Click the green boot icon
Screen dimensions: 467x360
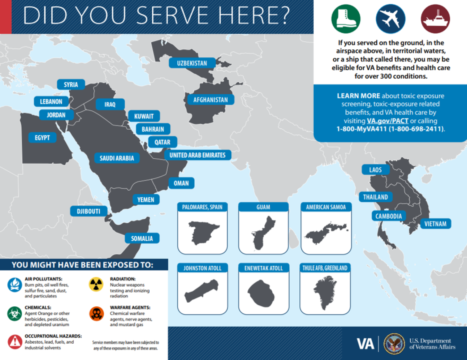tap(346, 19)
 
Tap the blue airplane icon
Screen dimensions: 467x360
tap(391, 19)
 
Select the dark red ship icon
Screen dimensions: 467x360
tap(435, 19)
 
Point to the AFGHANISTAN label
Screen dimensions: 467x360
tap(210, 100)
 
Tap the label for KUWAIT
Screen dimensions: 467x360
tap(144, 116)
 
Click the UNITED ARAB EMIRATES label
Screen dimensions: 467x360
tap(197, 155)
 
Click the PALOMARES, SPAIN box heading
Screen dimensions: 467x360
tap(202, 207)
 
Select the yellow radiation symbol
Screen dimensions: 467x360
tap(96, 284)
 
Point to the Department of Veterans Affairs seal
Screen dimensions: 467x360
tap(394, 344)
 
